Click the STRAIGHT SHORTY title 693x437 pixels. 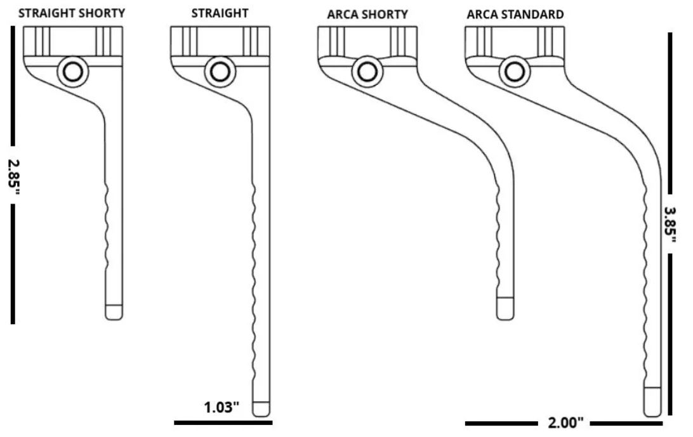tap(72, 13)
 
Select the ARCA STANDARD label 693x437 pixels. tap(515, 15)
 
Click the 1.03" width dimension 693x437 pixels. tap(221, 407)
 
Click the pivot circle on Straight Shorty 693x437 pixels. tap(72, 72)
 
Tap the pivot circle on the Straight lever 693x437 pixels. tap(220, 72)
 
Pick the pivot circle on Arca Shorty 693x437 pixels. tap(366, 72)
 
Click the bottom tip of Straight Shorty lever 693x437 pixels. tap(114, 311)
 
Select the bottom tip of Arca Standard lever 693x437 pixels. tap(652, 402)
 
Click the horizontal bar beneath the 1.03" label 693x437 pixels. tap(223, 421)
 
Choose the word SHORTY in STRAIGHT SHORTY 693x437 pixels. tap(102, 13)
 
